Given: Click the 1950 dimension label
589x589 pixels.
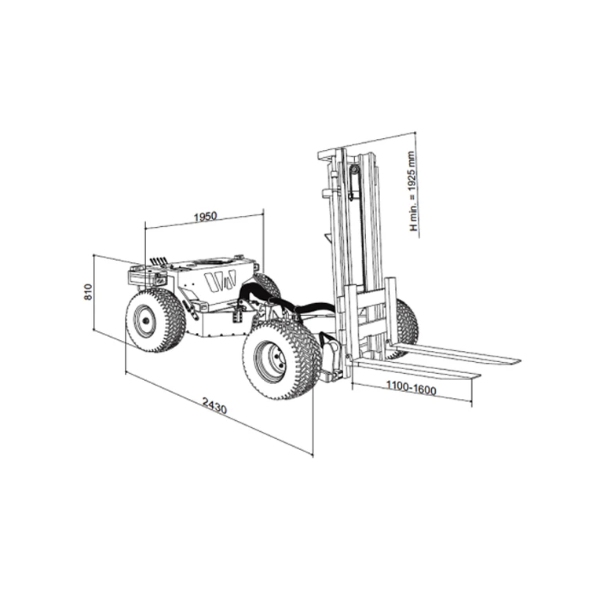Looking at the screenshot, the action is tap(206, 217).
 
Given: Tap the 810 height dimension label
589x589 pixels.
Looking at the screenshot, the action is tap(87, 292).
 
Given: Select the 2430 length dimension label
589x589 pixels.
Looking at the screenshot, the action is tap(215, 405).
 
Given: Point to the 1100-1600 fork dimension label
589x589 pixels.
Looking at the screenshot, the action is tap(412, 388).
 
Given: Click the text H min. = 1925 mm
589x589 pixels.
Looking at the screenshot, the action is tap(413, 191).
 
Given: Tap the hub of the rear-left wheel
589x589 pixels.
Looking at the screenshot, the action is tap(145, 320).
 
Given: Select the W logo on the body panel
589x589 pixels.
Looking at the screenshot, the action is tap(220, 280).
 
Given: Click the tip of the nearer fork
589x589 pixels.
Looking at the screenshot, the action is tap(479, 375).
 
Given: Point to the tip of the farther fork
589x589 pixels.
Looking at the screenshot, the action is tap(519, 360).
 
